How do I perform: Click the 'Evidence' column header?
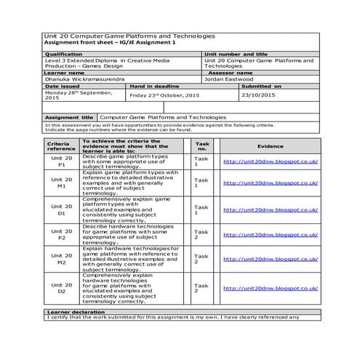(x=270, y=145)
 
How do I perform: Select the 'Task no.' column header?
(x=202, y=145)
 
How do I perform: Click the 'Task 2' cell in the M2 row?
(x=201, y=259)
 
